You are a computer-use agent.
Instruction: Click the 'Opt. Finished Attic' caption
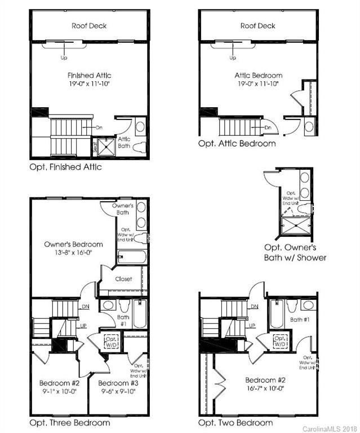pyautogui.click(x=65, y=167)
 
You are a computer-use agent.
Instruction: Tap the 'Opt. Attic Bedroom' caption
pyautogui.click(x=237, y=143)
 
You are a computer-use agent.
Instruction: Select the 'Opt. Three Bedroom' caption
pyautogui.click(x=69, y=422)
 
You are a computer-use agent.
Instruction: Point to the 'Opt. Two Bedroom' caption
pyautogui.click(x=235, y=422)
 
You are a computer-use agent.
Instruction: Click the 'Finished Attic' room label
pyautogui.click(x=89, y=75)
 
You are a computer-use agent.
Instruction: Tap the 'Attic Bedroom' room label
pyautogui.click(x=258, y=75)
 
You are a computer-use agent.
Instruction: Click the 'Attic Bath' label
pyautogui.click(x=124, y=142)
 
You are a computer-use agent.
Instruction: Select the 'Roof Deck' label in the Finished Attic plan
pyautogui.click(x=89, y=25)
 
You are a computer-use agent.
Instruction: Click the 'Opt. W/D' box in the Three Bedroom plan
pyautogui.click(x=110, y=341)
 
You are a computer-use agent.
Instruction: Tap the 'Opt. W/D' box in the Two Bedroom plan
pyautogui.click(x=279, y=341)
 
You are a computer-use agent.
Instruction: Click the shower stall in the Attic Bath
pyautogui.click(x=108, y=147)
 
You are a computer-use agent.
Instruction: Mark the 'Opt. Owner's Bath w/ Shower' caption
pyautogui.click(x=295, y=253)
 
